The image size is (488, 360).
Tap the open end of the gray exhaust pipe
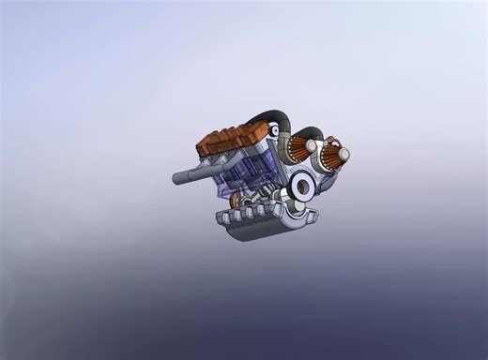[175, 178]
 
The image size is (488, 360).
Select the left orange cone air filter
[298, 148]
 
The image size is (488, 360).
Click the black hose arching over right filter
[314, 134]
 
